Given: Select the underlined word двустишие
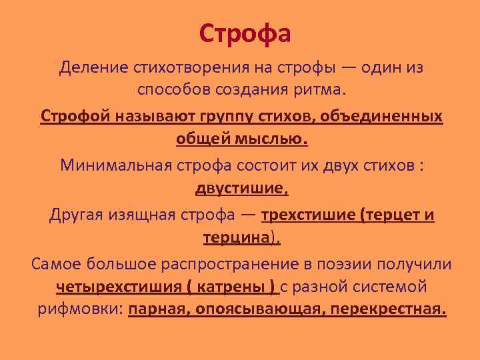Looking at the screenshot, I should [x=240, y=189].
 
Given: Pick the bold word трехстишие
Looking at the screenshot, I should [x=308, y=215].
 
